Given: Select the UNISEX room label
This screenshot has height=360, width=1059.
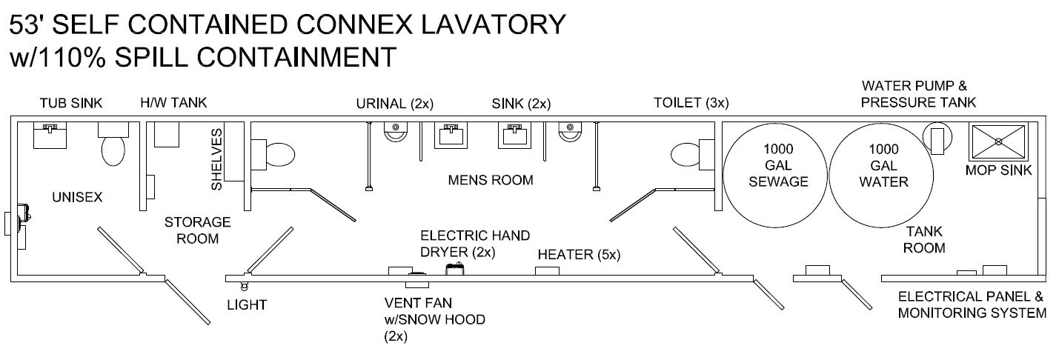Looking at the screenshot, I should pyautogui.click(x=76, y=197).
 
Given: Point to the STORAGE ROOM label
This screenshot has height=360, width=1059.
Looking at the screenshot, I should pyautogui.click(x=197, y=230).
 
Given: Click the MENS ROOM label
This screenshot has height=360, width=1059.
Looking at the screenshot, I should pyautogui.click(x=490, y=180).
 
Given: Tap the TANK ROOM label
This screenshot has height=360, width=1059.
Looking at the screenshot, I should pyautogui.click(x=923, y=240).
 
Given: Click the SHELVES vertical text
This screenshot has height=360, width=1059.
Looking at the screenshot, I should pyautogui.click(x=216, y=159).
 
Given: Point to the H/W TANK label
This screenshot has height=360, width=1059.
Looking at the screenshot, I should pyautogui.click(x=173, y=103).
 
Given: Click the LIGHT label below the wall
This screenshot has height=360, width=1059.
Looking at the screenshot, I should pyautogui.click(x=247, y=304).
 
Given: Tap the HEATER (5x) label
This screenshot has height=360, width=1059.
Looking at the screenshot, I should pyautogui.click(x=579, y=255).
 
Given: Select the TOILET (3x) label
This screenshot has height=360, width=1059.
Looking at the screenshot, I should pyautogui.click(x=691, y=103).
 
